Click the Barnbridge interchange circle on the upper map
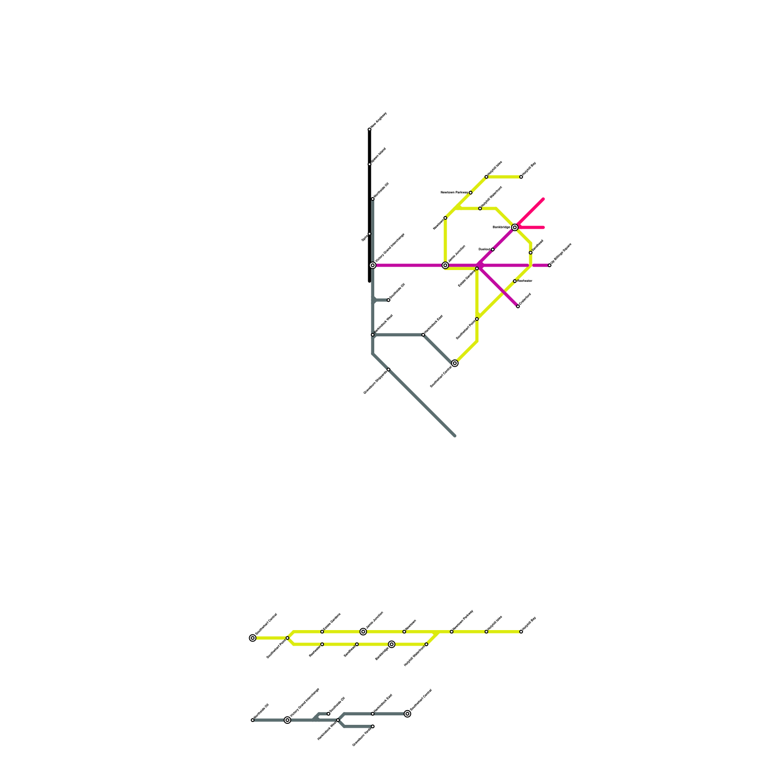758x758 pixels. [x=514, y=227]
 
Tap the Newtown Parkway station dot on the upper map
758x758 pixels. [x=470, y=193]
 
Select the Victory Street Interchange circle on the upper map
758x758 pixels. [x=373, y=265]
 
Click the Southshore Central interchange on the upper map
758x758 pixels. [x=455, y=363]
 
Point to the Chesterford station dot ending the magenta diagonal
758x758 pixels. [x=518, y=307]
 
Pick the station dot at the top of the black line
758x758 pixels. [x=370, y=129]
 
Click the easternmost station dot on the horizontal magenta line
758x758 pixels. [x=550, y=265]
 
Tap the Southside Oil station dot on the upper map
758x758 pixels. [x=388, y=300]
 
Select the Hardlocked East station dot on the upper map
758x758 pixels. [x=423, y=335]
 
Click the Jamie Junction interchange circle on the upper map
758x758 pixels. [x=445, y=265]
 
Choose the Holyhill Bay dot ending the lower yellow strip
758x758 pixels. [x=521, y=632]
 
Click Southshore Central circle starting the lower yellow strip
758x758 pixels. [x=253, y=638]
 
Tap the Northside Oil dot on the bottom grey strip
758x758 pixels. [x=253, y=720]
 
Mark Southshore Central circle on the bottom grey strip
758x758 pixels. [x=407, y=714]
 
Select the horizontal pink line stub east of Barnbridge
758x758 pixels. [x=533, y=228]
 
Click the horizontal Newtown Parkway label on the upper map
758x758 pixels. [x=454, y=193]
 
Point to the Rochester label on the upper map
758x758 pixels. [x=525, y=281]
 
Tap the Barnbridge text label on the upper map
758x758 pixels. [x=501, y=227]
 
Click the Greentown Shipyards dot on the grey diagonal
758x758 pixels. [x=388, y=370]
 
